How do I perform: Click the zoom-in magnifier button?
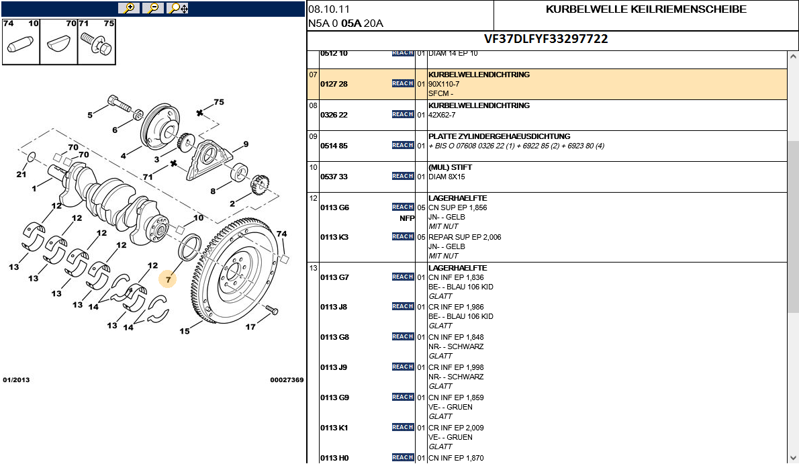[x=128, y=8]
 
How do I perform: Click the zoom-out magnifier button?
[x=152, y=8]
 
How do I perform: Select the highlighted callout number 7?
[x=168, y=278]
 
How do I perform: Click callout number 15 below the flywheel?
[x=184, y=331]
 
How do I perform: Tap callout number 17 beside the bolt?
[x=250, y=327]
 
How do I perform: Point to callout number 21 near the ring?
[x=21, y=175]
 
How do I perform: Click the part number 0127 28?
[x=334, y=84]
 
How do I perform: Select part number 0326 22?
[x=334, y=115]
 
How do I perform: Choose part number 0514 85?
[x=334, y=146]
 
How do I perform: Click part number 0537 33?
[x=334, y=177]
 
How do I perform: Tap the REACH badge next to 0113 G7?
[x=403, y=277]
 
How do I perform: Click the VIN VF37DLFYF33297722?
[x=546, y=39]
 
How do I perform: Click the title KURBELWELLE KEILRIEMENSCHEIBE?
[x=646, y=9]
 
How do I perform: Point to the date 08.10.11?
[x=329, y=9]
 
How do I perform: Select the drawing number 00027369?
[x=287, y=380]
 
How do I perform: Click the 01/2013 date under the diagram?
[x=16, y=380]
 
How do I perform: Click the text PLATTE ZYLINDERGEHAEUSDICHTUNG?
[x=499, y=136]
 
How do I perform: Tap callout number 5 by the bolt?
[x=90, y=115]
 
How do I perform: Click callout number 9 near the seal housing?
[x=246, y=144]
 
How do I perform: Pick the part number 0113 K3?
[x=334, y=237]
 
